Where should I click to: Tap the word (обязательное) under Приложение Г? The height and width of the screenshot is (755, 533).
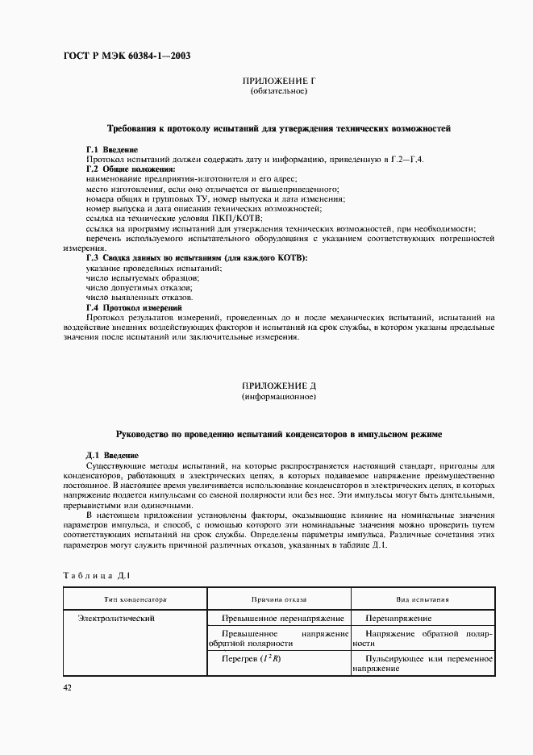click(x=278, y=92)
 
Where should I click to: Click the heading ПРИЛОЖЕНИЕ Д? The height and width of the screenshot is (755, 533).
click(x=278, y=387)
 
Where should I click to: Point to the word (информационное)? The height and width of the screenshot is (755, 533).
click(x=278, y=398)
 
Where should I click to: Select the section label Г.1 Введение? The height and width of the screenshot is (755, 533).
click(x=112, y=150)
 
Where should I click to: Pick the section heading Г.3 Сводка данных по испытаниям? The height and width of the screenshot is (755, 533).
click(x=197, y=257)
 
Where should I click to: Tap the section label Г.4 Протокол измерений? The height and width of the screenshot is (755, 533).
click(x=134, y=307)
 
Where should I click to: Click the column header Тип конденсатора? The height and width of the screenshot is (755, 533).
click(x=135, y=600)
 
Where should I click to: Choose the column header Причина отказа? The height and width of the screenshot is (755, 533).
click(x=279, y=600)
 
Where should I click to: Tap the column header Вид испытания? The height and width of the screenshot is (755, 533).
click(x=423, y=600)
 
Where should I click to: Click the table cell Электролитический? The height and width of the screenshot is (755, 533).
click(x=116, y=619)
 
